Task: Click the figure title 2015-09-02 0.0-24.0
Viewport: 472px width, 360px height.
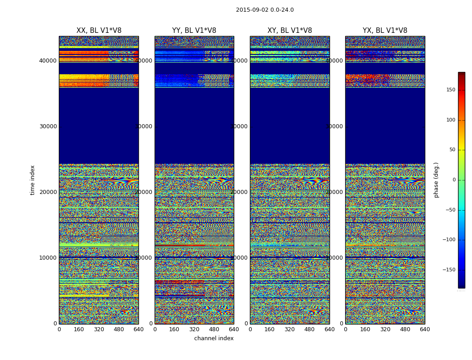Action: [x=265, y=10]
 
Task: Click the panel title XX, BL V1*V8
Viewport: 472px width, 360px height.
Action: [x=99, y=31]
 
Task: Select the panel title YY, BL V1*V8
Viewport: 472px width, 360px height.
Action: [x=194, y=31]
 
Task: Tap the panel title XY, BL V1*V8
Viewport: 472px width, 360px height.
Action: [x=289, y=31]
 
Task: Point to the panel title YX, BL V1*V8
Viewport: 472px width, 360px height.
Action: [x=385, y=31]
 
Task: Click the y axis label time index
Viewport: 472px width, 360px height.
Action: [x=32, y=180]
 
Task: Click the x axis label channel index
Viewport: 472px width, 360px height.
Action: [x=214, y=338]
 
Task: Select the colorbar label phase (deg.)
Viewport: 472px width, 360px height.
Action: [x=436, y=180]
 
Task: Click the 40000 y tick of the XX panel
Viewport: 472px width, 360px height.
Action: [x=48, y=60]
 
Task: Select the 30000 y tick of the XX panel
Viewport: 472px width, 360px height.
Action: [x=48, y=126]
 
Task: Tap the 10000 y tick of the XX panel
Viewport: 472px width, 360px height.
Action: [x=48, y=257]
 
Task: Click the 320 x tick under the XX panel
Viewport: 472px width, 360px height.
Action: [x=99, y=329]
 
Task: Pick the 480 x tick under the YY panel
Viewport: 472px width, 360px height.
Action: [x=214, y=329]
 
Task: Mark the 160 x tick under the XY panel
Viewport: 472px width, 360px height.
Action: [x=270, y=329]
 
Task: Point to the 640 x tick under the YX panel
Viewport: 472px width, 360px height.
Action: [x=425, y=329]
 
